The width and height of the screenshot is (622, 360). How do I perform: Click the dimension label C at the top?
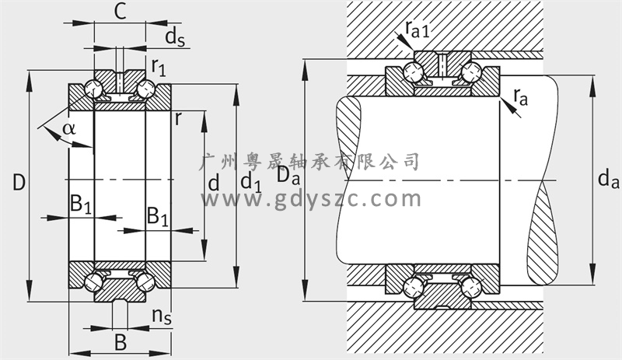click(x=120, y=12)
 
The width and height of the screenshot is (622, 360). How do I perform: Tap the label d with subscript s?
click(x=173, y=37)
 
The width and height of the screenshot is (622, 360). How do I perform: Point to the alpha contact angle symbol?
click(x=69, y=128)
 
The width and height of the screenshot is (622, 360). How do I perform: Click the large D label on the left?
click(x=19, y=183)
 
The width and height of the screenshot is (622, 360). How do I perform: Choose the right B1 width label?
click(x=158, y=217)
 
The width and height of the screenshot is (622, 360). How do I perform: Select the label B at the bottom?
click(x=120, y=342)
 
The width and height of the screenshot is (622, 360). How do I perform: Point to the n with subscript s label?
click(x=162, y=316)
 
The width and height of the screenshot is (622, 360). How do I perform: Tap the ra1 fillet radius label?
click(x=418, y=30)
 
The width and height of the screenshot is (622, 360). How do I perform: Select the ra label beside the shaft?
click(x=519, y=97)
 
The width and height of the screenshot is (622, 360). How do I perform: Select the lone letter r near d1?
click(x=179, y=119)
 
